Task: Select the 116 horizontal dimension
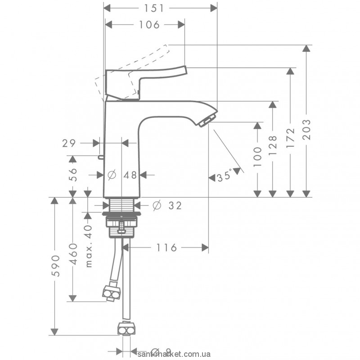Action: point(167,247)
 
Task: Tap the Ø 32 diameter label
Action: point(167,206)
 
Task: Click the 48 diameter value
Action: point(130,175)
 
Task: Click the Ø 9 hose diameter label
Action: point(162,351)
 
